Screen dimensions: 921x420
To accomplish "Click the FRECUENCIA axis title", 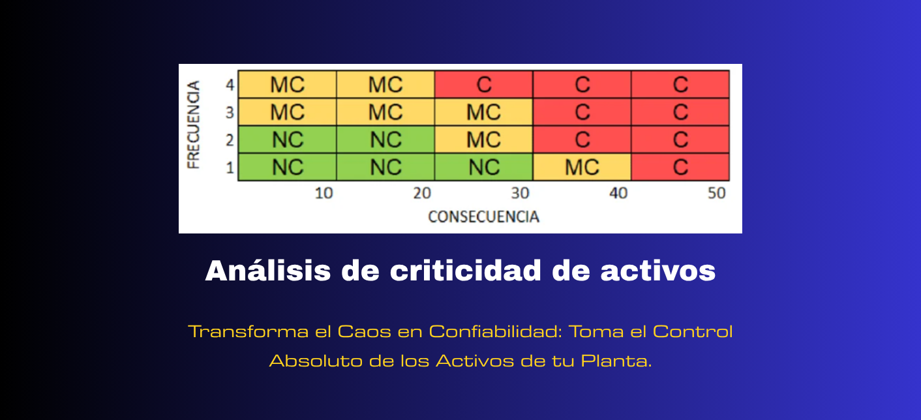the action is point(193,125).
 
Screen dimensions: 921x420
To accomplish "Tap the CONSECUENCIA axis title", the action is point(483,217).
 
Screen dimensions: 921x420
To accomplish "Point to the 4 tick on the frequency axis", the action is point(230,85).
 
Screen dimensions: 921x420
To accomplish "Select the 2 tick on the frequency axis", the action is point(230,140).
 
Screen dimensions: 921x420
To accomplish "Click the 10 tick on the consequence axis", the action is point(324,193).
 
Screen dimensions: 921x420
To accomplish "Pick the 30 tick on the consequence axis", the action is point(520,193).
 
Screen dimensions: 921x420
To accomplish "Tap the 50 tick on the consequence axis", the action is point(717,193).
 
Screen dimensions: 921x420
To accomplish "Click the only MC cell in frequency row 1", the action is point(582,167).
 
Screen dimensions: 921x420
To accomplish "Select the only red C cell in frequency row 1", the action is point(680,167).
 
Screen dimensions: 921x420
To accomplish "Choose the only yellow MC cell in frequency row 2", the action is point(483,140).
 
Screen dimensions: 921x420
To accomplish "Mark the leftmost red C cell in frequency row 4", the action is point(483,85).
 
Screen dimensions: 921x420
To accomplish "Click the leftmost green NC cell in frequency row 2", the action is point(288,140).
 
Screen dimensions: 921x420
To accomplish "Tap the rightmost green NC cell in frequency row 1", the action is point(483,167).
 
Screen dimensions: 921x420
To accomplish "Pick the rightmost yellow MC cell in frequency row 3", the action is point(483,112).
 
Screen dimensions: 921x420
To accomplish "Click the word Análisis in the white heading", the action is point(267,271).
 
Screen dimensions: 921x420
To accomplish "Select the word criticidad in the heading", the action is point(466,271).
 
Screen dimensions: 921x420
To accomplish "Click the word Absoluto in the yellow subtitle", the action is point(316,361).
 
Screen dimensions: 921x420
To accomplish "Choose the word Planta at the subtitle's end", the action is point(616,361).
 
